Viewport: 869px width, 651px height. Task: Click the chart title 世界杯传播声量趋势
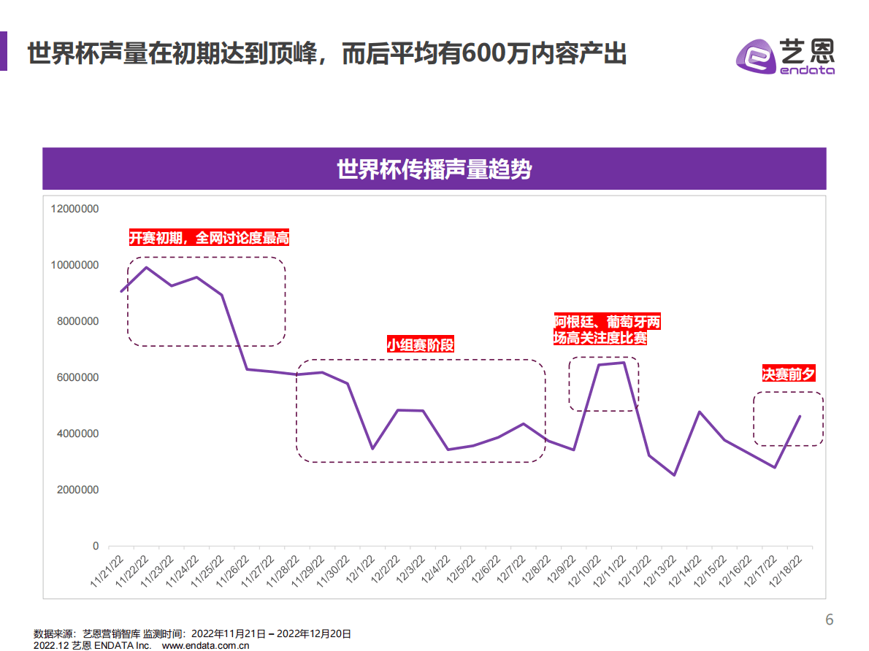434,169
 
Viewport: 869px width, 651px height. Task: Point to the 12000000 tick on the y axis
74,209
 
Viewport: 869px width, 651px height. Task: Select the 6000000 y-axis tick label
74,377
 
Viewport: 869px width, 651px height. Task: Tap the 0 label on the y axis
95,546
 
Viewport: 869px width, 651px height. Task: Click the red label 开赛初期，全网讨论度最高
210,238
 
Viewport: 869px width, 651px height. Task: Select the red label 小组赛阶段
420,344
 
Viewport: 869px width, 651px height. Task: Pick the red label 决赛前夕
788,374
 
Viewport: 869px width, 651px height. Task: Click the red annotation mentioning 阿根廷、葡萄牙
607,330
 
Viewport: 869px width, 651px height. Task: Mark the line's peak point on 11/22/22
146,267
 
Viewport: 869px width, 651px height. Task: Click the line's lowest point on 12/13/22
674,475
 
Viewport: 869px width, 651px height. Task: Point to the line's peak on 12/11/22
624,362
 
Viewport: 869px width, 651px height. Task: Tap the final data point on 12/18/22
800,416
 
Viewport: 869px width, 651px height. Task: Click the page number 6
829,620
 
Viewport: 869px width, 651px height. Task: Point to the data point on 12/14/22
700,412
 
